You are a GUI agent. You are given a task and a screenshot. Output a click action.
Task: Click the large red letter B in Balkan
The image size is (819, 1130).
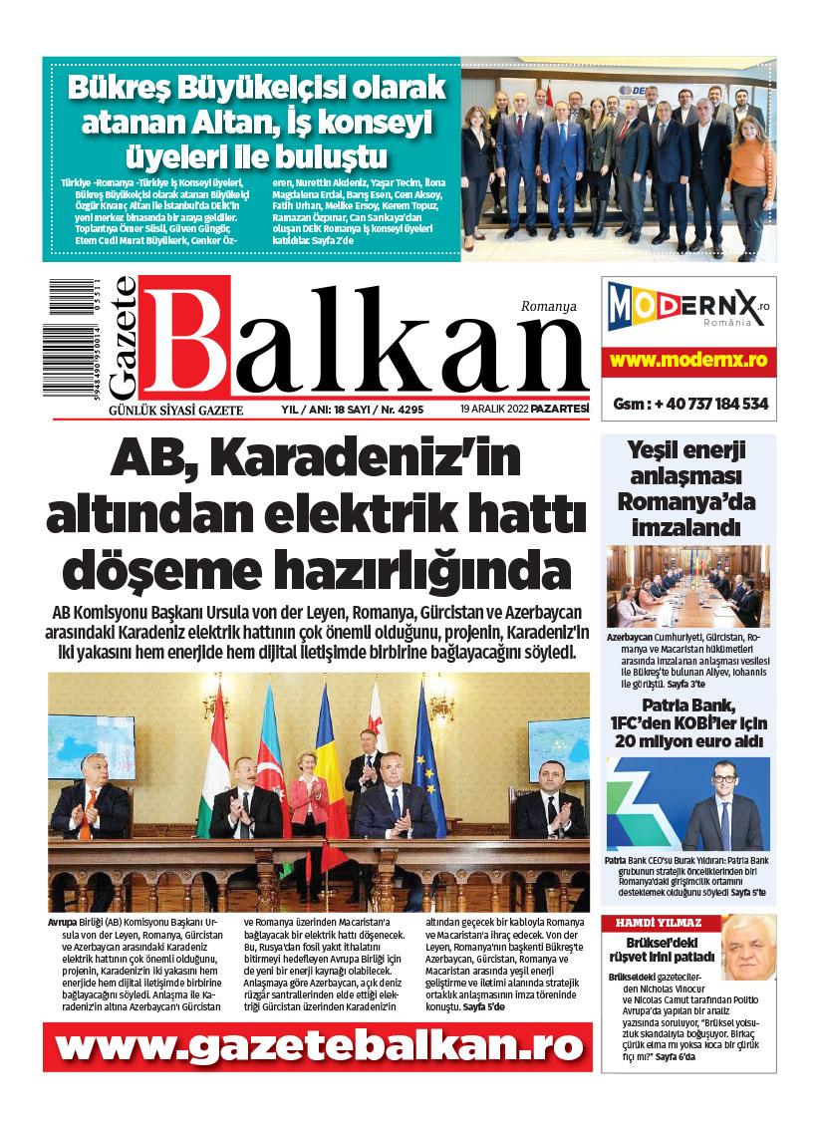184,337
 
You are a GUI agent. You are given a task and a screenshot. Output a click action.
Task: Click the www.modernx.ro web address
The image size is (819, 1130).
688,359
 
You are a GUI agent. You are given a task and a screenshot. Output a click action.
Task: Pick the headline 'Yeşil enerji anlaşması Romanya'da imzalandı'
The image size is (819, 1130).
687,487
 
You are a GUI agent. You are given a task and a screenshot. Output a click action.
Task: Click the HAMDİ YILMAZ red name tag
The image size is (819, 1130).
659,923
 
